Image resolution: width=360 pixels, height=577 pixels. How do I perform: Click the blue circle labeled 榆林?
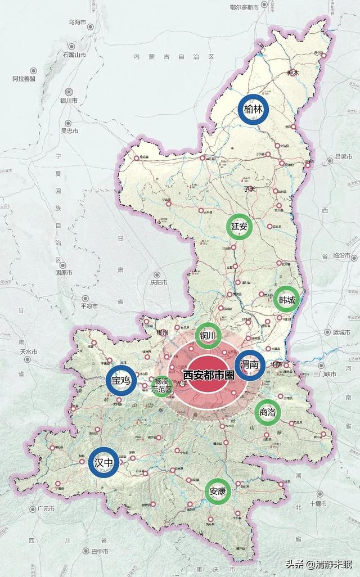(253, 110)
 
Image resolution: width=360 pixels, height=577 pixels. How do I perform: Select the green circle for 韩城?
(287, 299)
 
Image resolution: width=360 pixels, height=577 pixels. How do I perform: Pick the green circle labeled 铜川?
(208, 336)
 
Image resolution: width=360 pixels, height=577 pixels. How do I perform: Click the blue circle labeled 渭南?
(250, 365)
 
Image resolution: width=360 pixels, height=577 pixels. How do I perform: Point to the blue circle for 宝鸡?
(121, 381)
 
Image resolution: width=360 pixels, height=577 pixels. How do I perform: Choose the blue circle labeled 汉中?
(104, 463)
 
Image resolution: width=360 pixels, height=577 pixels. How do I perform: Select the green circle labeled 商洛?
(268, 412)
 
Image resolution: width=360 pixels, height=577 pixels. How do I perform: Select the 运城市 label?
(341, 332)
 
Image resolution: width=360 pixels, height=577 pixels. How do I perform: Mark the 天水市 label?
(28, 351)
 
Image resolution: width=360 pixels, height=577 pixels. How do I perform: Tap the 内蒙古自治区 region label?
(174, 57)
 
